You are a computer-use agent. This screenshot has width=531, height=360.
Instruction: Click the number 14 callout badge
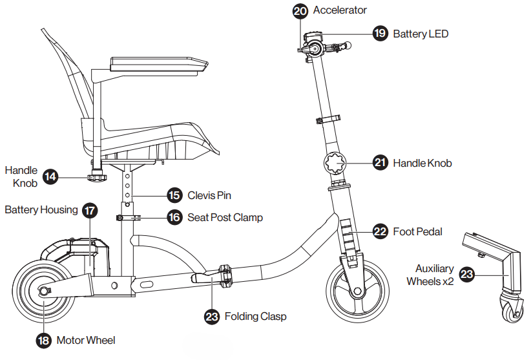click(x=50, y=176)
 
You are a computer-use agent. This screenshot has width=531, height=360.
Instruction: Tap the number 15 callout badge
click(x=174, y=195)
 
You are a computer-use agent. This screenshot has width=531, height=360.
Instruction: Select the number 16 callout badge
click(x=174, y=217)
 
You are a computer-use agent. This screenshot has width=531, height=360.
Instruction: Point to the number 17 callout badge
click(x=90, y=210)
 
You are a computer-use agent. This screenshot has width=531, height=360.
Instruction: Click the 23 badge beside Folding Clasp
click(x=211, y=317)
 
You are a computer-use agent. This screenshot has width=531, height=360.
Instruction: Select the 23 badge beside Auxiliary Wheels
click(x=466, y=275)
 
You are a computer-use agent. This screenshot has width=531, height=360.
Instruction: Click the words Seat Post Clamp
click(x=225, y=217)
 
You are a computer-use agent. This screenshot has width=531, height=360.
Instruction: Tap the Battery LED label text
click(x=421, y=34)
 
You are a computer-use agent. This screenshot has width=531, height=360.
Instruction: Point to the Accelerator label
click(x=340, y=10)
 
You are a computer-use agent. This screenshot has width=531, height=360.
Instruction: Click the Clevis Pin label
click(x=209, y=195)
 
